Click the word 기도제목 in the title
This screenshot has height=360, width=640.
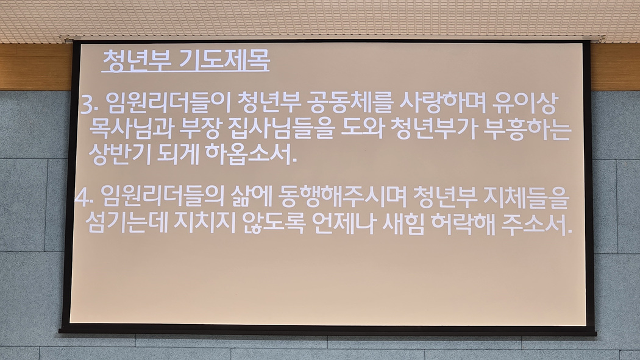click(x=224, y=61)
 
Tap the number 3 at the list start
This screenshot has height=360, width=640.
click(x=87, y=105)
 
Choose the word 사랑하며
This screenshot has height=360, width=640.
click(x=442, y=103)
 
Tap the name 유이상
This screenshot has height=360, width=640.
click(x=524, y=103)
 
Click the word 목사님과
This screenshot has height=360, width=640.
click(x=132, y=129)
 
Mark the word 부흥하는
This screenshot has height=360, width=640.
click(x=527, y=129)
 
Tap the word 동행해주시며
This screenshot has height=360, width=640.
click(x=342, y=196)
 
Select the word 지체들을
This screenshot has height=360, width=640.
click(x=526, y=196)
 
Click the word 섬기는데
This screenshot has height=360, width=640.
click(x=127, y=222)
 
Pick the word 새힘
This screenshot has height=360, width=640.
click(x=404, y=222)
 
